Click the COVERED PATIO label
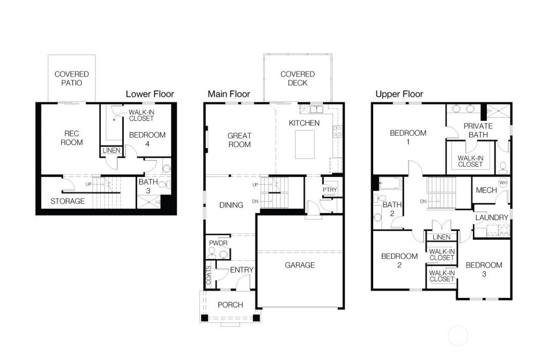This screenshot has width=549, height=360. (x=72, y=78)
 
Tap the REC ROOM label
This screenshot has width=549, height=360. (x=72, y=138)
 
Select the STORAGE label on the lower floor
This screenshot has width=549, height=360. (x=68, y=201)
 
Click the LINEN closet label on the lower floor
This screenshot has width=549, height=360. (x=112, y=151)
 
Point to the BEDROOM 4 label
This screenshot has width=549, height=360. (x=147, y=139)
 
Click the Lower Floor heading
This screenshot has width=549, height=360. (x=150, y=94)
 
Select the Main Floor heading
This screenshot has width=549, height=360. (x=229, y=94)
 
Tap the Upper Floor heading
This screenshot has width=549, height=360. (x=399, y=94)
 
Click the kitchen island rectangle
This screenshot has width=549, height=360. (x=305, y=144)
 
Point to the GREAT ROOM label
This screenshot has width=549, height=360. (x=239, y=140)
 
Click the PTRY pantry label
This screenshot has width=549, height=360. (x=329, y=190)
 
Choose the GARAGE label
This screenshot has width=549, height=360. (x=300, y=265)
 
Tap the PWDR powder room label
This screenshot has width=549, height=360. (x=218, y=243)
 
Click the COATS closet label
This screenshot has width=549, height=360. (x=209, y=275)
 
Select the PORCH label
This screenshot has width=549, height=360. (x=230, y=305)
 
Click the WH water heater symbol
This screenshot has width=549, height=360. (x=502, y=183)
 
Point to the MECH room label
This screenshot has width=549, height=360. (x=486, y=190)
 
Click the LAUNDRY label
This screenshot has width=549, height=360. (x=491, y=218)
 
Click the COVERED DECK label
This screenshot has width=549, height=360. (x=298, y=78)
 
